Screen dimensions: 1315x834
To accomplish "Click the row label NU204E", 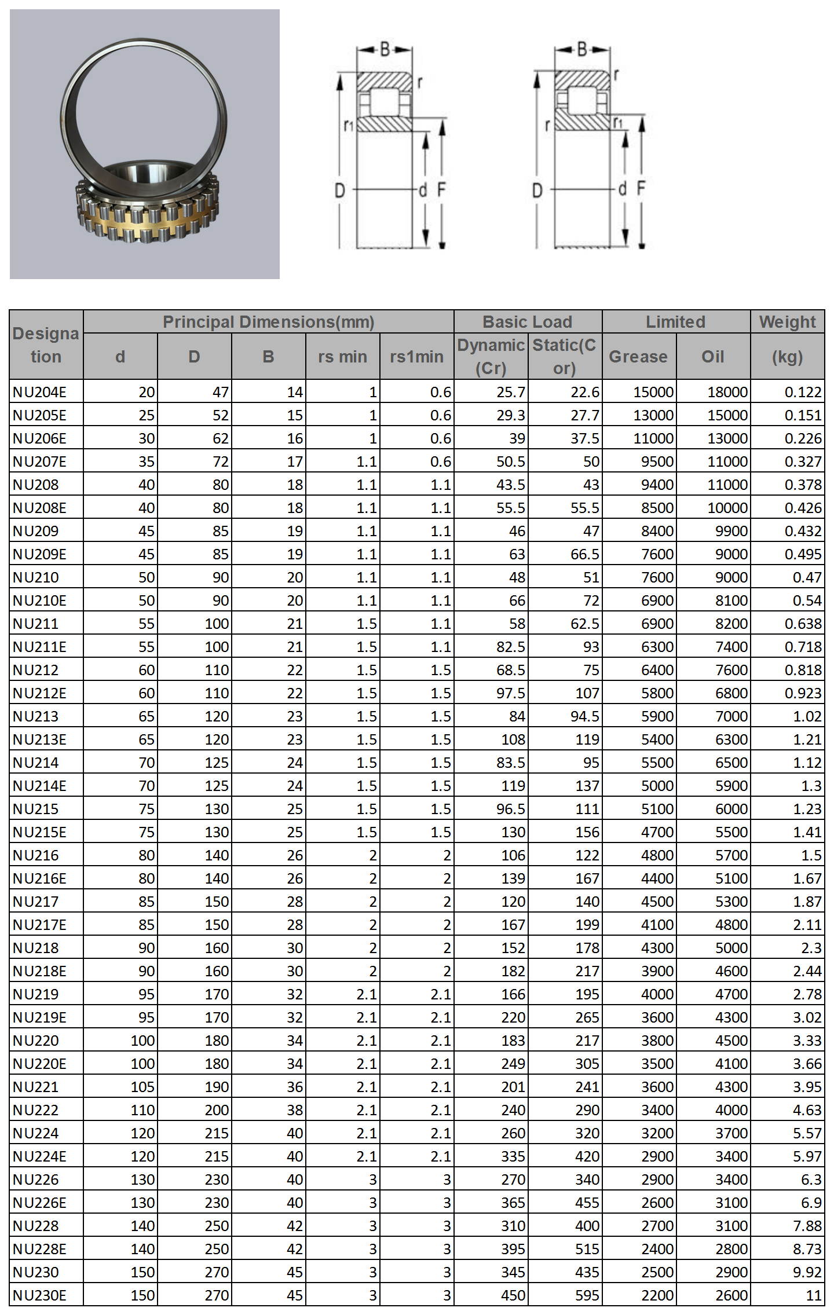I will point(39,392).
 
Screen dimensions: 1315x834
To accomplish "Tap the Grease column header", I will point(638,357).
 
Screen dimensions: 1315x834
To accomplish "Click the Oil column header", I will point(713,357).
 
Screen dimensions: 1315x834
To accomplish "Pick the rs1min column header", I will point(416,357).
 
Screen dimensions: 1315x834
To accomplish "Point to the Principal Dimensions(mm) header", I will point(268,322).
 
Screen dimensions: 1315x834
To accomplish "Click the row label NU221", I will point(35,1087).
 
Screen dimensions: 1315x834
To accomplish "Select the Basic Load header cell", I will point(527,322).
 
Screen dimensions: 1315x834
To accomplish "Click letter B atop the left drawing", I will point(385,49).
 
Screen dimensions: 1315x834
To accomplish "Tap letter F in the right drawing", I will point(641,188).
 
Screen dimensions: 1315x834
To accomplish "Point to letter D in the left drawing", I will point(340,190).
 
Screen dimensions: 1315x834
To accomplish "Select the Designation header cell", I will point(46,345).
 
